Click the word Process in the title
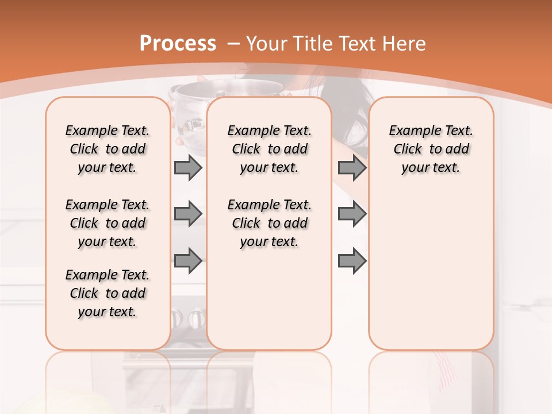point(178,43)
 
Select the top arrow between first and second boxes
point(188,168)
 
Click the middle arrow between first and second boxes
point(188,214)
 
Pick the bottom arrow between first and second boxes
point(188,260)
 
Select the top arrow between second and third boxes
point(352,168)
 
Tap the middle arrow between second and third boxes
point(352,214)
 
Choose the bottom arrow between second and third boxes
point(352,260)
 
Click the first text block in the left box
point(108,149)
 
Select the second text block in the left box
point(108,223)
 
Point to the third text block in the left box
point(108,293)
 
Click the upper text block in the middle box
point(269,149)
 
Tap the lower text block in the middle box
point(269,223)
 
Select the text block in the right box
point(431,149)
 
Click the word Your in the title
point(267,43)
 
